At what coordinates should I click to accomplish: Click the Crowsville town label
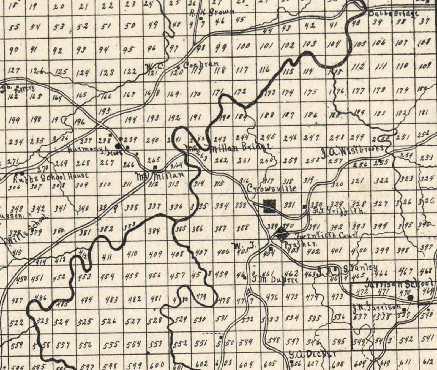272,189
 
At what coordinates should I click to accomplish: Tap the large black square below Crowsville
270,206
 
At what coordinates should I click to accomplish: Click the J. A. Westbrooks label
353,150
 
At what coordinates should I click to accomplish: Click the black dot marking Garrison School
411,297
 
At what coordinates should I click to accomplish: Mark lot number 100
243,46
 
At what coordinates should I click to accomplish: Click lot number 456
155,276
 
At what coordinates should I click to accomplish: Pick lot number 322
381,181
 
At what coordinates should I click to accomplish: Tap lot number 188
266,115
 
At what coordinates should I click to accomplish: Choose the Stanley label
360,268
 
